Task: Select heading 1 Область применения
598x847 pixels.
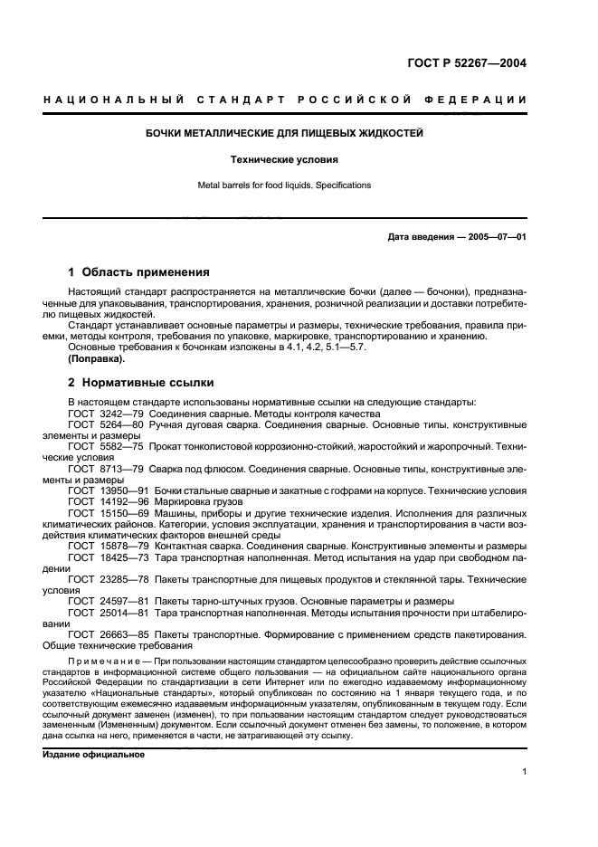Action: (139, 271)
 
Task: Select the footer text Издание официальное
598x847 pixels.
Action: (94, 753)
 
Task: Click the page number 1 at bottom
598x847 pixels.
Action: (524, 772)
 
